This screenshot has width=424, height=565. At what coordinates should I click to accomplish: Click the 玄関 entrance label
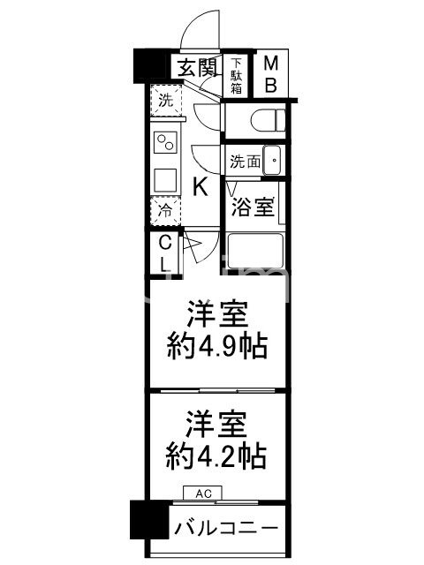click(x=196, y=67)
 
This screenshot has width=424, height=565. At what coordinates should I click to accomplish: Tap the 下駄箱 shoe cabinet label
click(x=237, y=75)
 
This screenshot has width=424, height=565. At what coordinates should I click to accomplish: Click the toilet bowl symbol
click(x=265, y=119)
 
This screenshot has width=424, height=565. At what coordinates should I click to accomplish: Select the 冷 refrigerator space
click(x=165, y=211)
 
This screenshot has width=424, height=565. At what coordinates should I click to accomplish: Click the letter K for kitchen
click(x=201, y=187)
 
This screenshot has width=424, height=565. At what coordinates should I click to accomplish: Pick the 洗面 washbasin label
click(x=245, y=162)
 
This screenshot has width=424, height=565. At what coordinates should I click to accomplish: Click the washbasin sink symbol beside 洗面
click(x=272, y=162)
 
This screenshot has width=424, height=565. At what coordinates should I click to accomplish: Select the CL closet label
click(x=165, y=253)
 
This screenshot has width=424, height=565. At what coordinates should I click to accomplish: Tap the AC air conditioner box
click(x=203, y=494)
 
